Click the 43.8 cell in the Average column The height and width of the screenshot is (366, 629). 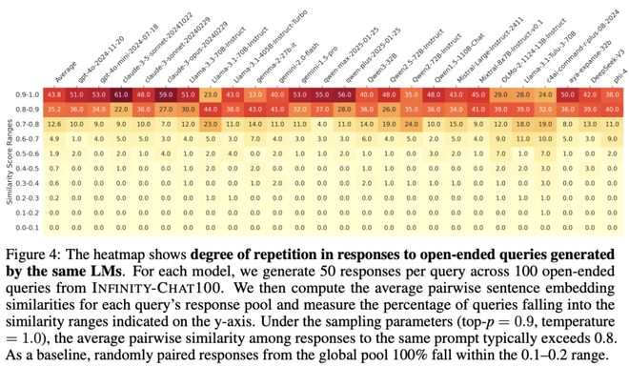[54, 95]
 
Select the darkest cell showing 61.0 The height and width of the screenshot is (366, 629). [121, 95]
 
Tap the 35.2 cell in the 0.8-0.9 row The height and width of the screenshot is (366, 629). [54, 110]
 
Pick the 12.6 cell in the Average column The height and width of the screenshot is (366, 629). [54, 124]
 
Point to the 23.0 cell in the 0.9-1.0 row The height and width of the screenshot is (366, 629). [211, 95]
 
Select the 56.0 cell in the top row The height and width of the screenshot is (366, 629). [344, 95]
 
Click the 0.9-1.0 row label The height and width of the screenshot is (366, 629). [27, 95]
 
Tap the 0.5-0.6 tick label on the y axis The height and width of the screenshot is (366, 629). [27, 152]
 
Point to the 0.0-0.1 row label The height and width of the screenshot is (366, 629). [27, 228]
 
